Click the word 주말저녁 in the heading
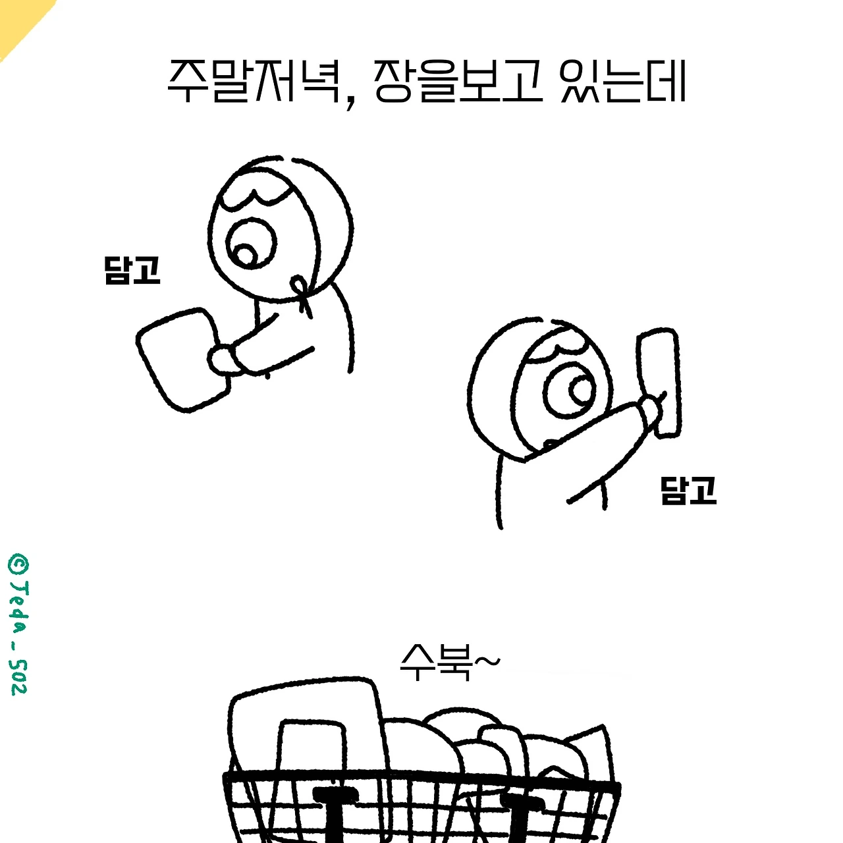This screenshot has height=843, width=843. (254, 82)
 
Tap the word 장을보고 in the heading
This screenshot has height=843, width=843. (458, 82)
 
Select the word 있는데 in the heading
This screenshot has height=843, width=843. (623, 82)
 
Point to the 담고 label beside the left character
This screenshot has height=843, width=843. (132, 270)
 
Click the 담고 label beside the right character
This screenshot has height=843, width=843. (688, 491)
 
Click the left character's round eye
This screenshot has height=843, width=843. (252, 243)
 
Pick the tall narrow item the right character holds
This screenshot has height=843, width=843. (659, 383)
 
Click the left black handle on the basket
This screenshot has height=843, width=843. (335, 813)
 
